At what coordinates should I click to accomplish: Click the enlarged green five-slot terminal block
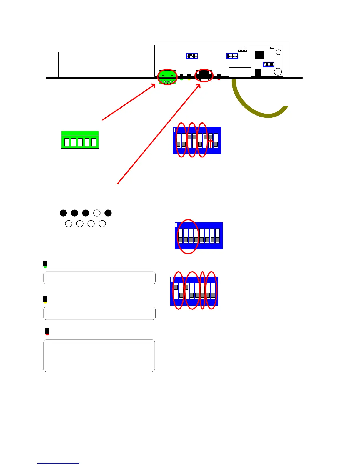click(80, 140)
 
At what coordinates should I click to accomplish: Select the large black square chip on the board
click(259, 55)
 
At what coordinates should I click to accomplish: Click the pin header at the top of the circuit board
click(243, 49)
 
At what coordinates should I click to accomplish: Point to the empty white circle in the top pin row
click(97, 213)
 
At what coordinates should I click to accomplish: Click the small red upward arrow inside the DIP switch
click(211, 143)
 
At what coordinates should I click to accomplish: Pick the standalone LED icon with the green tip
click(45, 264)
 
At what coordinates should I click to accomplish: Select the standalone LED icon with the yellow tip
click(45, 300)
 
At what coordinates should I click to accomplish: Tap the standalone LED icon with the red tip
click(47, 332)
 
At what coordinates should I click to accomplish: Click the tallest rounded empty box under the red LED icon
click(99, 356)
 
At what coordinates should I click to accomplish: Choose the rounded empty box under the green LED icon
click(99, 278)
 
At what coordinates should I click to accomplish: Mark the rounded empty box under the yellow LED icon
click(99, 313)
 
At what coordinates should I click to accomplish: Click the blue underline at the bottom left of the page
click(58, 463)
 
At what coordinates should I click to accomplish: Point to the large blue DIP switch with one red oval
click(199, 236)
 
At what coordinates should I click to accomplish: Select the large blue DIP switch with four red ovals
click(194, 291)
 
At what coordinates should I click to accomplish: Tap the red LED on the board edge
click(219, 77)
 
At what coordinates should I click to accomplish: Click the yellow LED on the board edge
click(189, 77)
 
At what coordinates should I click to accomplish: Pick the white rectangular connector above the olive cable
click(240, 73)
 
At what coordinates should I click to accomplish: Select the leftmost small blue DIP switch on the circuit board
click(192, 56)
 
